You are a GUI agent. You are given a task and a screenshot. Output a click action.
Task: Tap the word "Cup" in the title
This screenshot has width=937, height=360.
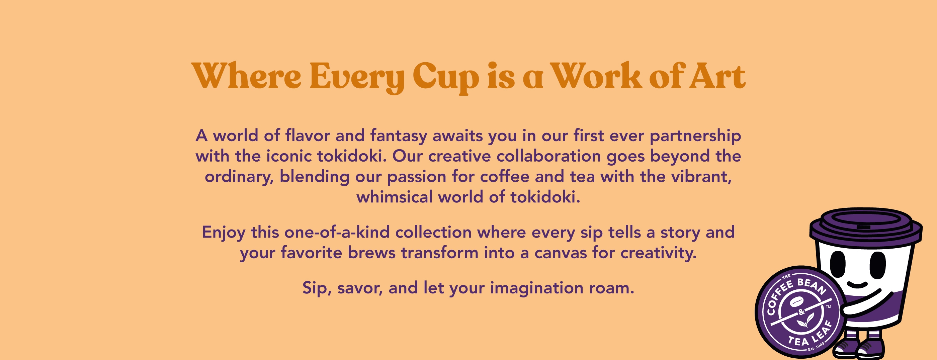tap(446, 78)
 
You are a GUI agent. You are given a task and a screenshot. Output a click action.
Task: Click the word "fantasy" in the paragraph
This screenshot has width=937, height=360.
tap(399, 136)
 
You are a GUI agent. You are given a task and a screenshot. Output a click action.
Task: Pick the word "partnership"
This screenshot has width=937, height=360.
tap(695, 136)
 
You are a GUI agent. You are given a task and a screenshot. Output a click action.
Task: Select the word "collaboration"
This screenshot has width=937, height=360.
tap(548, 156)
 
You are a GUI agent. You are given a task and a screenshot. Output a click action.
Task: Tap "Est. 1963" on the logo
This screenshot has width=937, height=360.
tap(816, 346)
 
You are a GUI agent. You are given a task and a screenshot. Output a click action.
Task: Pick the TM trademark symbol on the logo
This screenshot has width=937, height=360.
tap(828, 306)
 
